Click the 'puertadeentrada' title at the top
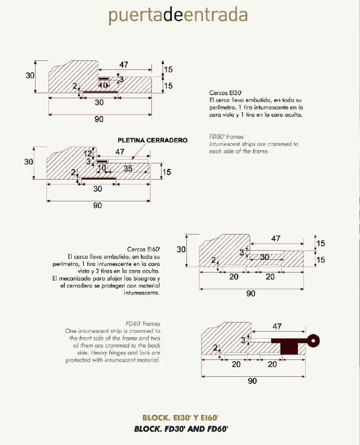click(x=178, y=15)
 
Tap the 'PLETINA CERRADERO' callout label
click(x=153, y=140)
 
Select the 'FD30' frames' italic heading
click(x=226, y=136)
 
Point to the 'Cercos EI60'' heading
click(x=144, y=249)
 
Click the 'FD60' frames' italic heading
click(x=143, y=324)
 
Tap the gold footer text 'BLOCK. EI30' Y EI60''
click(x=180, y=418)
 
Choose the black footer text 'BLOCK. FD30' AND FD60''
click(x=181, y=429)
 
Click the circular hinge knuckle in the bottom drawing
click(x=313, y=341)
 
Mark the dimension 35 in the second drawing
click(x=128, y=168)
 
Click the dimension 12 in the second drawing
click(x=88, y=154)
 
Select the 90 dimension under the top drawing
click(x=99, y=119)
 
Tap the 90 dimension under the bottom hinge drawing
click(x=253, y=381)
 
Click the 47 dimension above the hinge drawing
click(x=277, y=326)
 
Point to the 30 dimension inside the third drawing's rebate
click(x=265, y=257)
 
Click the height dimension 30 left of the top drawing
click(x=30, y=75)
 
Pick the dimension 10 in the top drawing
click(x=103, y=85)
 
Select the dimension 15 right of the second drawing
click(x=167, y=172)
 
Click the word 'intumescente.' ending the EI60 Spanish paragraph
click(x=142, y=293)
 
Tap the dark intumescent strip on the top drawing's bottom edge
click(x=100, y=92)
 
